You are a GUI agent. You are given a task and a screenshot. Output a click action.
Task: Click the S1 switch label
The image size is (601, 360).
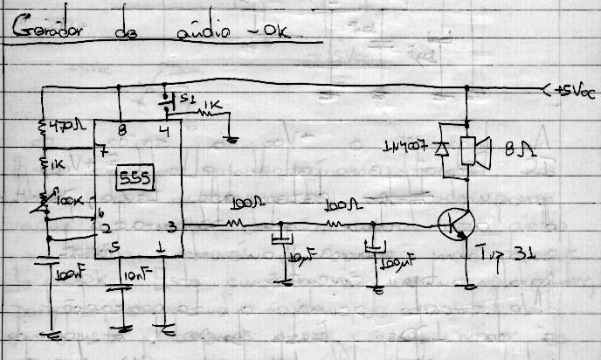coord(178,97)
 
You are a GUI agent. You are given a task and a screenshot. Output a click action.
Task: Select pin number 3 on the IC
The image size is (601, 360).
coord(173,227)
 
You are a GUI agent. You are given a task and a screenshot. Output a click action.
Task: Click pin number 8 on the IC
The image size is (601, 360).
coord(121,131)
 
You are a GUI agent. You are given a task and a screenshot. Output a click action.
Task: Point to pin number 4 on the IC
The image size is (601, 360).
coord(163,132)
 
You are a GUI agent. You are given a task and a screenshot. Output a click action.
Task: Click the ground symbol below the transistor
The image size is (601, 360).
coord(469,287)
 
